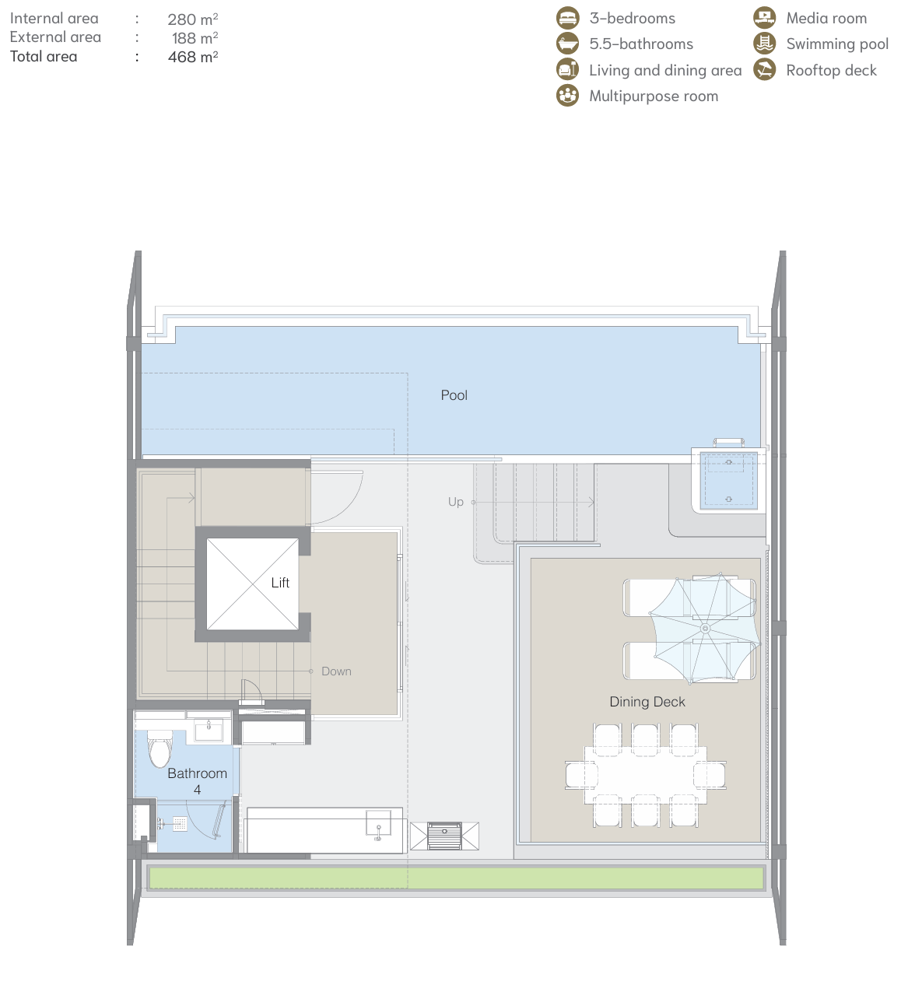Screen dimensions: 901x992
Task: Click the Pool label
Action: (454, 394)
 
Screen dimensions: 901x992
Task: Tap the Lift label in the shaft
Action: (280, 582)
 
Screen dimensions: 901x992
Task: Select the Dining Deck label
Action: (647, 701)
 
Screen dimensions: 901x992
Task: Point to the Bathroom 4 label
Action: (197, 781)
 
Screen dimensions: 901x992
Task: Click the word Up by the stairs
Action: (455, 501)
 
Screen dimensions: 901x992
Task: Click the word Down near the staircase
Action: (336, 671)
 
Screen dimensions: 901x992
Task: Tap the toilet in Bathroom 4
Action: (160, 748)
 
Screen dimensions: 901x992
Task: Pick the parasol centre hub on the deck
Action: (705, 628)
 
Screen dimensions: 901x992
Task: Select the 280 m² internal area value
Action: (192, 19)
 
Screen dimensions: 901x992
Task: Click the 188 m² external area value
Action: (195, 37)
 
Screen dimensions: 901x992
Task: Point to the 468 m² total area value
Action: (192, 56)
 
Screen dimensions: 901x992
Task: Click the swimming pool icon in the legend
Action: (763, 44)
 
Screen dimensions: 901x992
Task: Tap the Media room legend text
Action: (826, 19)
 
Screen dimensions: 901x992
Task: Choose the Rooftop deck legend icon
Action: (763, 69)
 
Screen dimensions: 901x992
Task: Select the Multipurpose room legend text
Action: (654, 96)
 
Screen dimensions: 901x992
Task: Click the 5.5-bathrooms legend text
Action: (641, 44)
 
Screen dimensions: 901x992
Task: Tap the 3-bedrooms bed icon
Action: (567, 18)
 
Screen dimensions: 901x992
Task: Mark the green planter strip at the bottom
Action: (456, 878)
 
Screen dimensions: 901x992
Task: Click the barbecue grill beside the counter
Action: (444, 836)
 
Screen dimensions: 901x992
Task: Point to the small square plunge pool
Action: (727, 480)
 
